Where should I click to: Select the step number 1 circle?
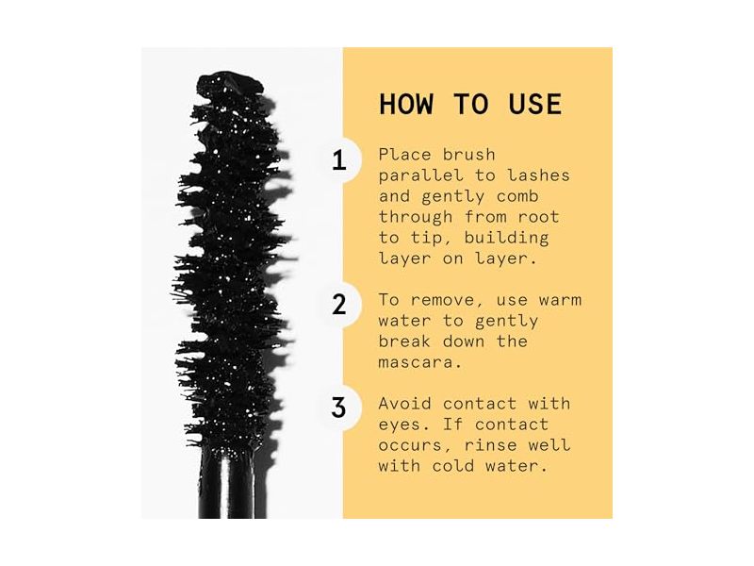[339, 160]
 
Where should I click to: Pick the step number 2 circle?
[339, 305]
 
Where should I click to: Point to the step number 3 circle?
[339, 408]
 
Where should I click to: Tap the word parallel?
[418, 175]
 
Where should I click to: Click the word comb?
[524, 195]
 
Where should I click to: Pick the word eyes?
[399, 424]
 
